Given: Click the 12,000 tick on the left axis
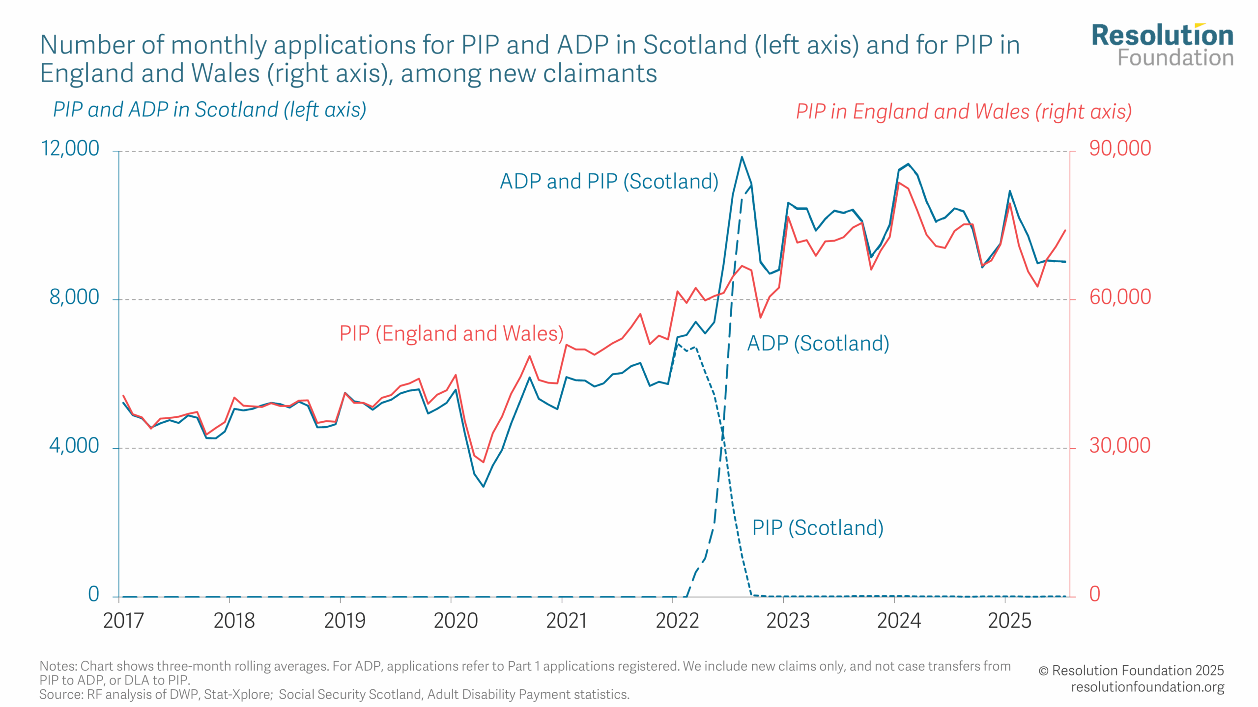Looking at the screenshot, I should point(70,148).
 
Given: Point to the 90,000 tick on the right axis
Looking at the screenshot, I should point(1119,148).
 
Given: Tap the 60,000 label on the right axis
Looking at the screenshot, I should point(1119,297).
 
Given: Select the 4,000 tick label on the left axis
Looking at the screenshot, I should point(74,446).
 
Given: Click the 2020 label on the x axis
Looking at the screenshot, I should point(456,621).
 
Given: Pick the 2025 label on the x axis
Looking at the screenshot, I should point(1009,621).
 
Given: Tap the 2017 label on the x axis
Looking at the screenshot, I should point(123,621).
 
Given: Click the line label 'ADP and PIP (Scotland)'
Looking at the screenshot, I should point(609,181).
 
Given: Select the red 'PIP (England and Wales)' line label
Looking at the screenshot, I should point(451,333).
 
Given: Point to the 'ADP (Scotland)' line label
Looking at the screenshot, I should point(818,343).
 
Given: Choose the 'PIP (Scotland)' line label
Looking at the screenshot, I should point(818,528).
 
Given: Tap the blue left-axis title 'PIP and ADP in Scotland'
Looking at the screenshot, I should point(209,109).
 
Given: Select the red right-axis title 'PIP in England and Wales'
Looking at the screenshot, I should point(964,111).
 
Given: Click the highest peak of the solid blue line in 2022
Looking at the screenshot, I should point(742,157).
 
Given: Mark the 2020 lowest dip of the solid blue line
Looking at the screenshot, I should point(484,486).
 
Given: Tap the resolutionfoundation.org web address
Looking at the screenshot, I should point(1147,687).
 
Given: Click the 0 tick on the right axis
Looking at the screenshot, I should point(1094,595).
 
